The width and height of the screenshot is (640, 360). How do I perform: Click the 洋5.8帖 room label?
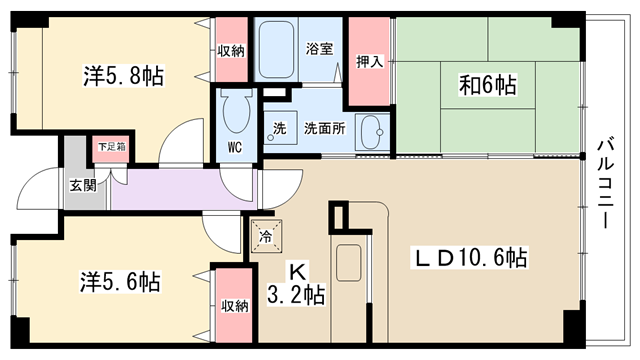coord(123,76)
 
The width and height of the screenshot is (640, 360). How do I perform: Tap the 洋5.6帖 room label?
coord(120,282)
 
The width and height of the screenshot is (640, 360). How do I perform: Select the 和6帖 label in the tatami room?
coord(487,85)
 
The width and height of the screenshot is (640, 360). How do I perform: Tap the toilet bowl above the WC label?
coord(236,111)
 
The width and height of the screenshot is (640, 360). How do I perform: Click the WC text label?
coord(235,147)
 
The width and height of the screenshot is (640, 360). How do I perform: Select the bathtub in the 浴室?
coord(276,50)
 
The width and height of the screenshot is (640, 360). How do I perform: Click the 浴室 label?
coord(319,49)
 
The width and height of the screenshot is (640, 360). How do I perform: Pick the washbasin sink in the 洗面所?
coord(371,132)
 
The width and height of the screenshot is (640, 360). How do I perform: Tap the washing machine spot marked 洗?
coord(280,127)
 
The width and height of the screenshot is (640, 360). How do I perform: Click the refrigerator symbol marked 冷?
coord(266,236)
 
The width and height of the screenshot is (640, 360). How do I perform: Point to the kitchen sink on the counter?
coord(348,263)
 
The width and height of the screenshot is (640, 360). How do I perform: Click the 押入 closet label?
coord(369,62)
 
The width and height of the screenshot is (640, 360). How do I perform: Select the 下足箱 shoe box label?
coord(111,147)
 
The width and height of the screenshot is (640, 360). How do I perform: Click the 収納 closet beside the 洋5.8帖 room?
coord(231,50)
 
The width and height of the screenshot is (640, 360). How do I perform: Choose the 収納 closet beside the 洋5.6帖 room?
coord(235,306)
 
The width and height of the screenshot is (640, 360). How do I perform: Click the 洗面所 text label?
coord(324,129)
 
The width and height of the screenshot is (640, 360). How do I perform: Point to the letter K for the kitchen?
coord(297,271)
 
